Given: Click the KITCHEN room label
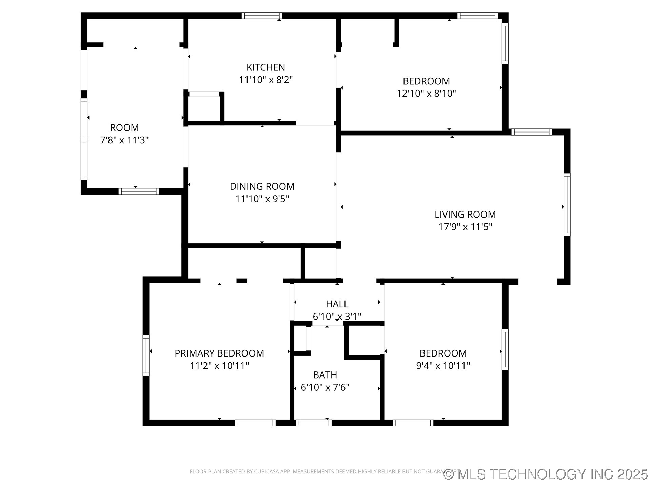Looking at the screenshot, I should coord(265,67).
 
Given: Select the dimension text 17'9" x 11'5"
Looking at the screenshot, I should coord(465,227).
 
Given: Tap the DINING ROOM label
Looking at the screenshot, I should coord(262,186).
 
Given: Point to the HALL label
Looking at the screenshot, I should coord(337,304).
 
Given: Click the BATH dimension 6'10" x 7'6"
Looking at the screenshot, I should coord(325,387).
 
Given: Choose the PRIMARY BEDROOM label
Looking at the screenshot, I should coord(219,353).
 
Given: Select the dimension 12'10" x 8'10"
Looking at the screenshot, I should coord(426,94).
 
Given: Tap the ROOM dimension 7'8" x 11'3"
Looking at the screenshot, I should coord(124,140).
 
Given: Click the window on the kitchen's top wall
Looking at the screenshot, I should coord(262,16).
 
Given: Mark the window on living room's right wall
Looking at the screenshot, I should coord(567,204).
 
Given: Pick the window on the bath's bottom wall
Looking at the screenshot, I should coord(313,423).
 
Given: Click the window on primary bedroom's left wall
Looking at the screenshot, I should coord(146,355).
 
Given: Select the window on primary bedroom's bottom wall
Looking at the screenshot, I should coord(255,423).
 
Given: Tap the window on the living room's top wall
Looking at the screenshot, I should coord(531,132).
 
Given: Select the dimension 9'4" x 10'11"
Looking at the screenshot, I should coord(443,366).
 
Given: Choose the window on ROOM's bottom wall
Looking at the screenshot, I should coord(138,191).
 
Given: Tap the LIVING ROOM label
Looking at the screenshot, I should coord(465,214).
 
